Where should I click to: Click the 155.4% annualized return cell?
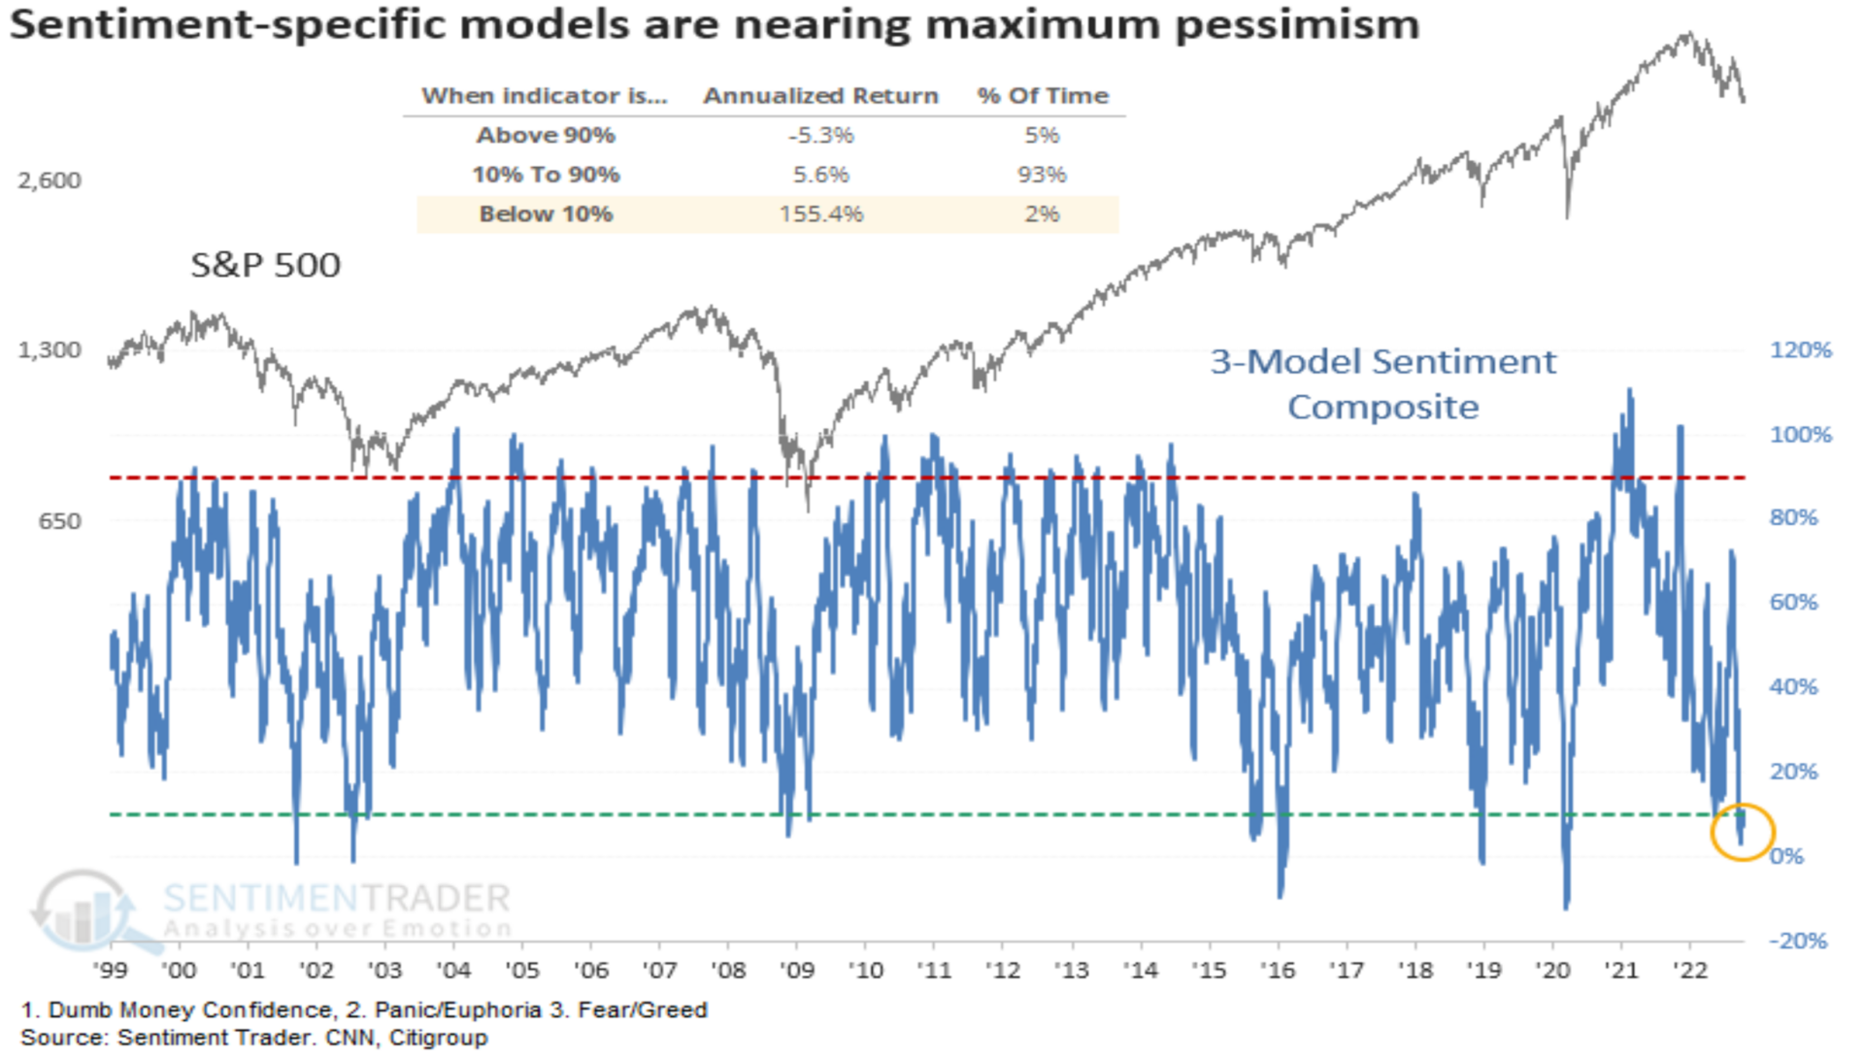click(x=820, y=215)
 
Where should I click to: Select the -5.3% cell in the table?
click(x=820, y=135)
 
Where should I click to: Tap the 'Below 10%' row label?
click(x=546, y=215)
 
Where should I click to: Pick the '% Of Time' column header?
click(x=1043, y=96)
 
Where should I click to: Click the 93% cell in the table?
click(x=1042, y=175)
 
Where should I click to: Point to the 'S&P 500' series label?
click(x=265, y=265)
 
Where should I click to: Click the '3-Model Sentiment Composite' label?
click(x=1382, y=384)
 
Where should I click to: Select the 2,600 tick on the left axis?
click(x=50, y=181)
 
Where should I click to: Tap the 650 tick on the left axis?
click(x=59, y=521)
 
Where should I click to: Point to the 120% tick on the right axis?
click(x=1800, y=350)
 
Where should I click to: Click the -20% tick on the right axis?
click(x=1798, y=941)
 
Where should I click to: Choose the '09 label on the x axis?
click(x=797, y=971)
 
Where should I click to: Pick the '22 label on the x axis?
click(x=1690, y=971)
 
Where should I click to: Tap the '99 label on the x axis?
click(x=111, y=971)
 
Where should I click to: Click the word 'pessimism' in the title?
click(x=1297, y=25)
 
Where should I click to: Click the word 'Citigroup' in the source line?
click(x=438, y=1039)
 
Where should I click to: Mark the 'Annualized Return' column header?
click(x=820, y=96)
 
